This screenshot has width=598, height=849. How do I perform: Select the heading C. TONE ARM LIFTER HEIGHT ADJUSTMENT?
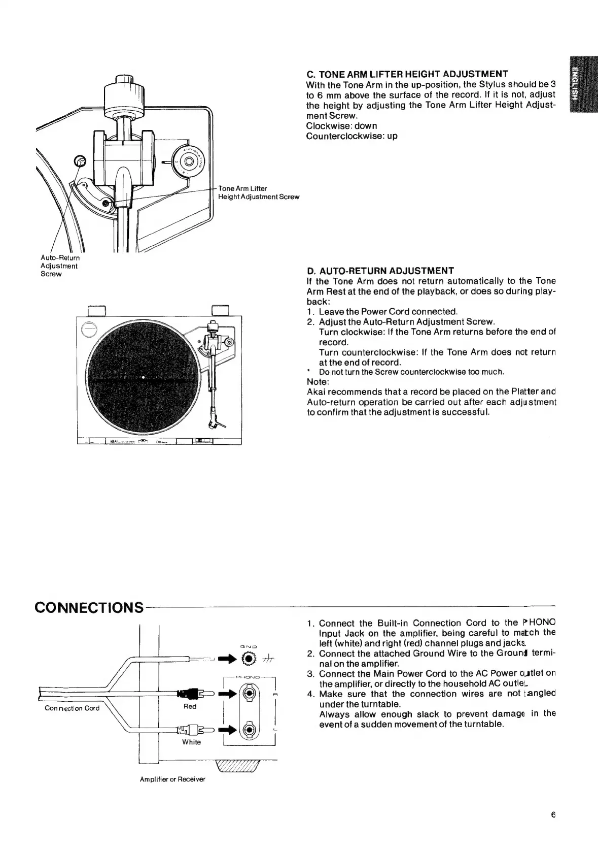pyautogui.click(x=407, y=74)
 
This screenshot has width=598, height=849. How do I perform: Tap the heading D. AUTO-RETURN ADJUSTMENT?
pyautogui.click(x=380, y=270)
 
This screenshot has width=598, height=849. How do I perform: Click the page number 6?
pyautogui.click(x=553, y=815)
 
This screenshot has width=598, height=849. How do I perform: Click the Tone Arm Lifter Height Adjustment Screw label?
pyautogui.click(x=258, y=192)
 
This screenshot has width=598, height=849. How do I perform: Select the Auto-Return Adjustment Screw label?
pyautogui.click(x=59, y=266)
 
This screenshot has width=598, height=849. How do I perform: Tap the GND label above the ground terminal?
pyautogui.click(x=249, y=646)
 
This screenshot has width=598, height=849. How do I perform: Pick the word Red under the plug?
pyautogui.click(x=190, y=706)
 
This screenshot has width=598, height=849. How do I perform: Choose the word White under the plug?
pyautogui.click(x=191, y=742)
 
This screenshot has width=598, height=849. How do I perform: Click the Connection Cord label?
pyautogui.click(x=72, y=708)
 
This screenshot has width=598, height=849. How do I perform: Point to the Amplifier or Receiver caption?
pyautogui.click(x=172, y=779)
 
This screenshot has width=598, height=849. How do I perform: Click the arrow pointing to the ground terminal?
pyautogui.click(x=228, y=659)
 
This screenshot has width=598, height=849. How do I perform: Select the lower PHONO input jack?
pyautogui.click(x=249, y=730)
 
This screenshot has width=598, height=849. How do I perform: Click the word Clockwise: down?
pyautogui.click(x=341, y=125)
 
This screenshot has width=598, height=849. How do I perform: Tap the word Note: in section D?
pyautogui.click(x=318, y=382)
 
